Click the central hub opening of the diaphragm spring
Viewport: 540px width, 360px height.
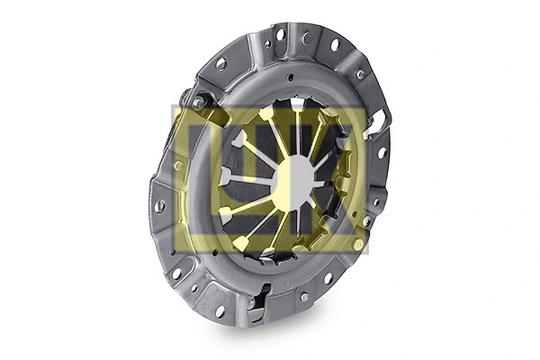(293, 176)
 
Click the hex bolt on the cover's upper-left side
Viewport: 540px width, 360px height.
(197, 103)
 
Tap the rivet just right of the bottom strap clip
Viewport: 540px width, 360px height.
(304, 296)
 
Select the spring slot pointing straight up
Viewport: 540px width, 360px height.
(297, 112)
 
